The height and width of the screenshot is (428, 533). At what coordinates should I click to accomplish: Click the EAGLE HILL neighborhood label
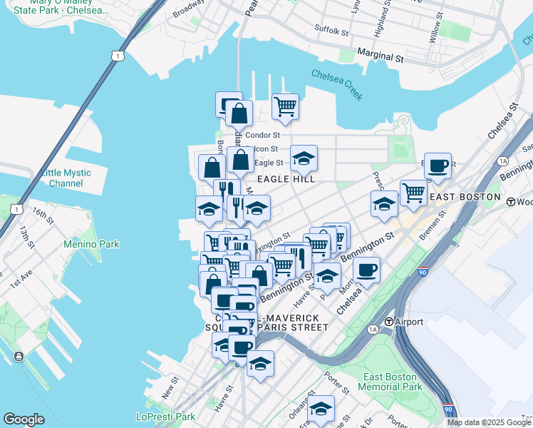point(286,179)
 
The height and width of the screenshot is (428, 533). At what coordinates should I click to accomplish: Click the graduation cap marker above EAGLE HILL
point(304,158)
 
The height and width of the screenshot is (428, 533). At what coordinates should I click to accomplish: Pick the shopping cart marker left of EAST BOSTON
point(413,191)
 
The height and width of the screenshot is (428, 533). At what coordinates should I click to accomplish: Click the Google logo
point(24,419)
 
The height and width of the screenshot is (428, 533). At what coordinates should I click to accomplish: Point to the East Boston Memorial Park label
point(392,382)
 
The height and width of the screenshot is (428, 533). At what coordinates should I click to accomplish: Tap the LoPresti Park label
point(165,417)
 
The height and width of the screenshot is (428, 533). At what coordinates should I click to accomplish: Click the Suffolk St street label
point(331,31)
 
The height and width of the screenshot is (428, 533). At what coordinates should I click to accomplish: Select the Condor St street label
point(262,135)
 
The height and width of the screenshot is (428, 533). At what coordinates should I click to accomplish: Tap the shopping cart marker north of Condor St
point(285,107)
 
